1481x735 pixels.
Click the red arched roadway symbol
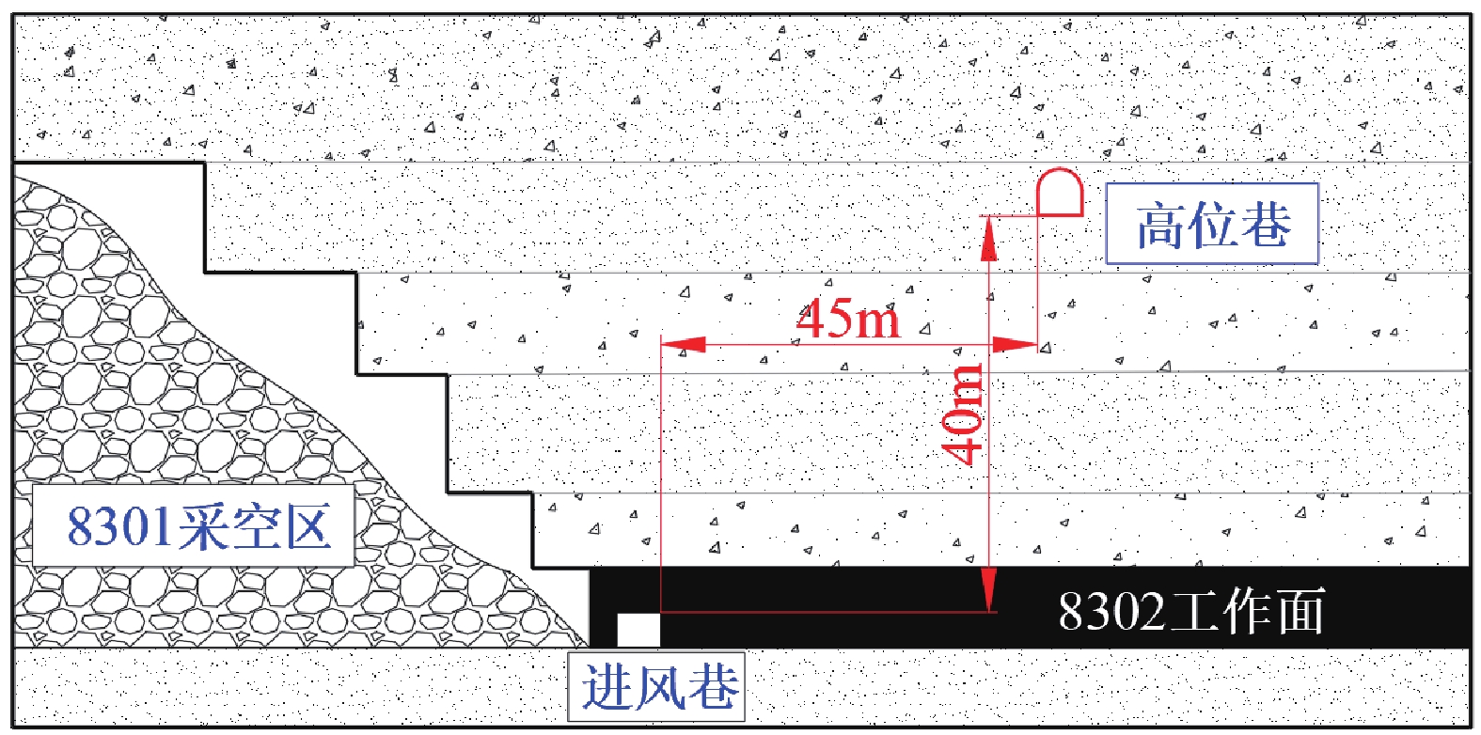click(1060, 193)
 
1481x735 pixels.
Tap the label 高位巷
click(1212, 225)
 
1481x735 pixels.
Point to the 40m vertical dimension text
click(963, 414)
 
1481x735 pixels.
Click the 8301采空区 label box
click(194, 525)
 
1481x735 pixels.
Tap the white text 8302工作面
click(1190, 611)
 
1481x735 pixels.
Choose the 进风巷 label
click(657, 686)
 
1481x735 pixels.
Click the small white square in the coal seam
click(638, 629)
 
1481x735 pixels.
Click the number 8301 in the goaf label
click(120, 525)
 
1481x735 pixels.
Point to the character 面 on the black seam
click(1299, 611)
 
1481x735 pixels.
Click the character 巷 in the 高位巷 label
click(1265, 226)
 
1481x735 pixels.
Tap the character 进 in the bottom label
click(607, 687)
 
